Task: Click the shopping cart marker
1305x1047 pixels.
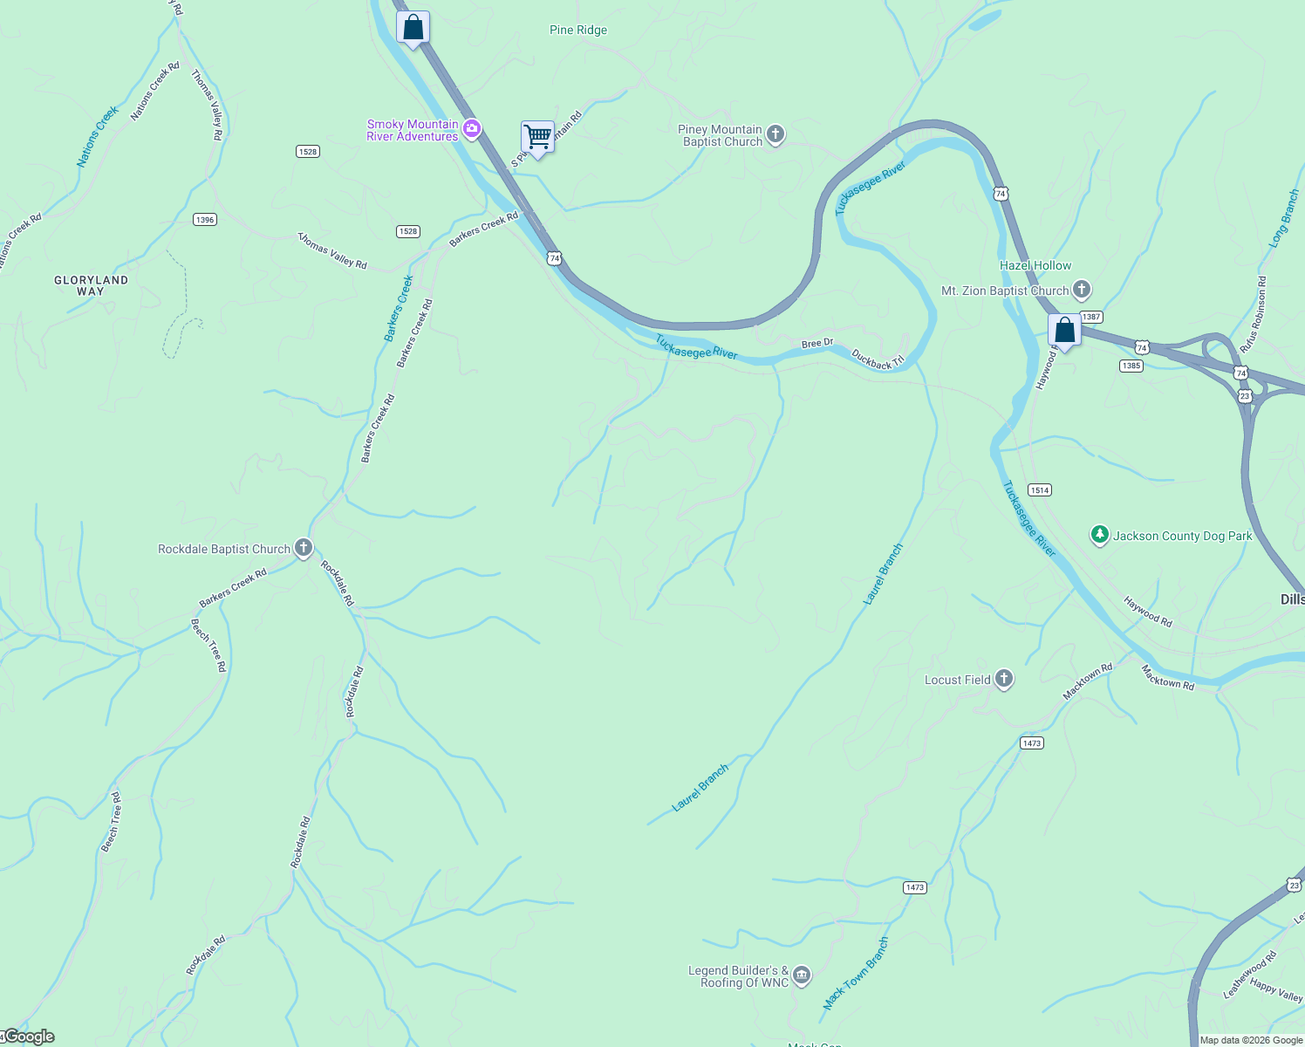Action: pyautogui.click(x=537, y=137)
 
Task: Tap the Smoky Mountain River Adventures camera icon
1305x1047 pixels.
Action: pyautogui.click(x=472, y=130)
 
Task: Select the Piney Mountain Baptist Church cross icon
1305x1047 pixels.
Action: pyautogui.click(x=775, y=134)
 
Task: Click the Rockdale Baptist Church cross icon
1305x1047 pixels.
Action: pyautogui.click(x=304, y=548)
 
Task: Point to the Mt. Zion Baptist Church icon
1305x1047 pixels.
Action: pyautogui.click(x=1082, y=290)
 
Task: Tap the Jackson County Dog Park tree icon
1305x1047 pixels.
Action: pyautogui.click(x=1100, y=535)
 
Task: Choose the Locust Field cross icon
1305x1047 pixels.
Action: pyautogui.click(x=1004, y=679)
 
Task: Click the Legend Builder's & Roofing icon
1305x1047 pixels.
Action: pyautogui.click(x=802, y=975)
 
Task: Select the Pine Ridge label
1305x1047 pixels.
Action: pyautogui.click(x=578, y=30)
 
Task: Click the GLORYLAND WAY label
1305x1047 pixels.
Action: pyautogui.click(x=91, y=285)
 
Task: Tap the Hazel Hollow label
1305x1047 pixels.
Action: pyautogui.click(x=1035, y=265)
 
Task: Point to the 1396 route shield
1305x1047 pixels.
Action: pyautogui.click(x=205, y=220)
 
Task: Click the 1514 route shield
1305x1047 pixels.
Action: pyautogui.click(x=1039, y=490)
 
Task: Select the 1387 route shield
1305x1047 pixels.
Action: pyautogui.click(x=1091, y=318)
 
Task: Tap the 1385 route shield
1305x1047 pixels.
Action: pyautogui.click(x=1131, y=366)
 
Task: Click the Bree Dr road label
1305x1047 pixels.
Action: pyautogui.click(x=817, y=344)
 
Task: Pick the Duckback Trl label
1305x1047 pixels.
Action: pyautogui.click(x=878, y=359)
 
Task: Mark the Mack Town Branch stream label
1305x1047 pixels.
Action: pyautogui.click(x=856, y=973)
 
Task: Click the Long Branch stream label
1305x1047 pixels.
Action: pyautogui.click(x=1284, y=218)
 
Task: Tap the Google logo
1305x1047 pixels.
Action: pyautogui.click(x=30, y=1037)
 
